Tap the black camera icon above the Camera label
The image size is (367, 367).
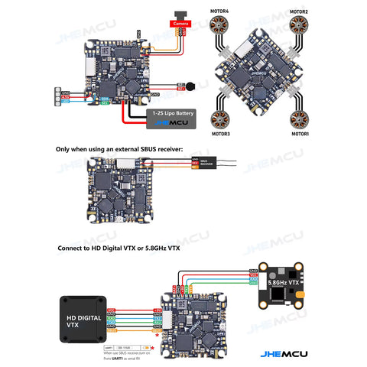click(x=180, y=15)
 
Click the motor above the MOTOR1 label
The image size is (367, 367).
click(x=299, y=116)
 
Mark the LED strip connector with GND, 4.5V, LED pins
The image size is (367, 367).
click(x=60, y=96)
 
